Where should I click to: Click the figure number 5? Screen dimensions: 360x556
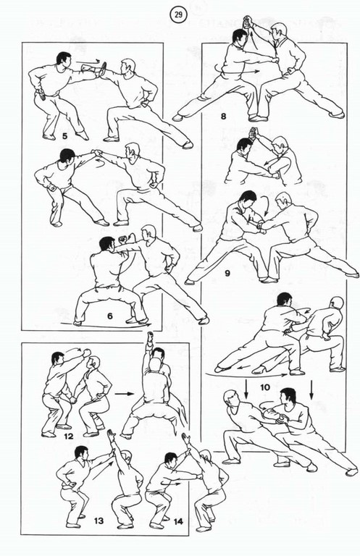tap(64, 135)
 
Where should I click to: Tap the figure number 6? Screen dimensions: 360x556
tap(109, 315)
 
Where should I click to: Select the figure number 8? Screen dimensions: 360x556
tap(223, 116)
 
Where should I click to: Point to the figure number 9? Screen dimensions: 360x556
tap(227, 273)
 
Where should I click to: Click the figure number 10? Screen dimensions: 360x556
tap(265, 387)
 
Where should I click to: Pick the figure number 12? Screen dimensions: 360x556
tap(68, 436)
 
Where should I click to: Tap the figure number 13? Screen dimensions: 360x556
tap(99, 521)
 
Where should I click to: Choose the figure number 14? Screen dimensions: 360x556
tap(178, 521)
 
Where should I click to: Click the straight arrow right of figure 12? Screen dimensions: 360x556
tap(125, 394)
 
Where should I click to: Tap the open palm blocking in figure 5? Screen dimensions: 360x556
tap(103, 69)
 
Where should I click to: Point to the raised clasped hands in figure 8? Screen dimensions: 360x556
tap(248, 23)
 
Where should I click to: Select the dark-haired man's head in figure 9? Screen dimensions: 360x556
tap(248, 200)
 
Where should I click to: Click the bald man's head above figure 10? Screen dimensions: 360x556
tap(338, 303)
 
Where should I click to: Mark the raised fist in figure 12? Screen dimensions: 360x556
tap(86, 353)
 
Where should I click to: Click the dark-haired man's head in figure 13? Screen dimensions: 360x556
tap(81, 452)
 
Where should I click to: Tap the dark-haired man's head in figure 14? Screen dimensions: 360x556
tap(171, 459)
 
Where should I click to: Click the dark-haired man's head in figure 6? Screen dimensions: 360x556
tap(106, 245)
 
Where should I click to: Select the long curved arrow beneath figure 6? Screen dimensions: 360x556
tap(106, 326)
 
